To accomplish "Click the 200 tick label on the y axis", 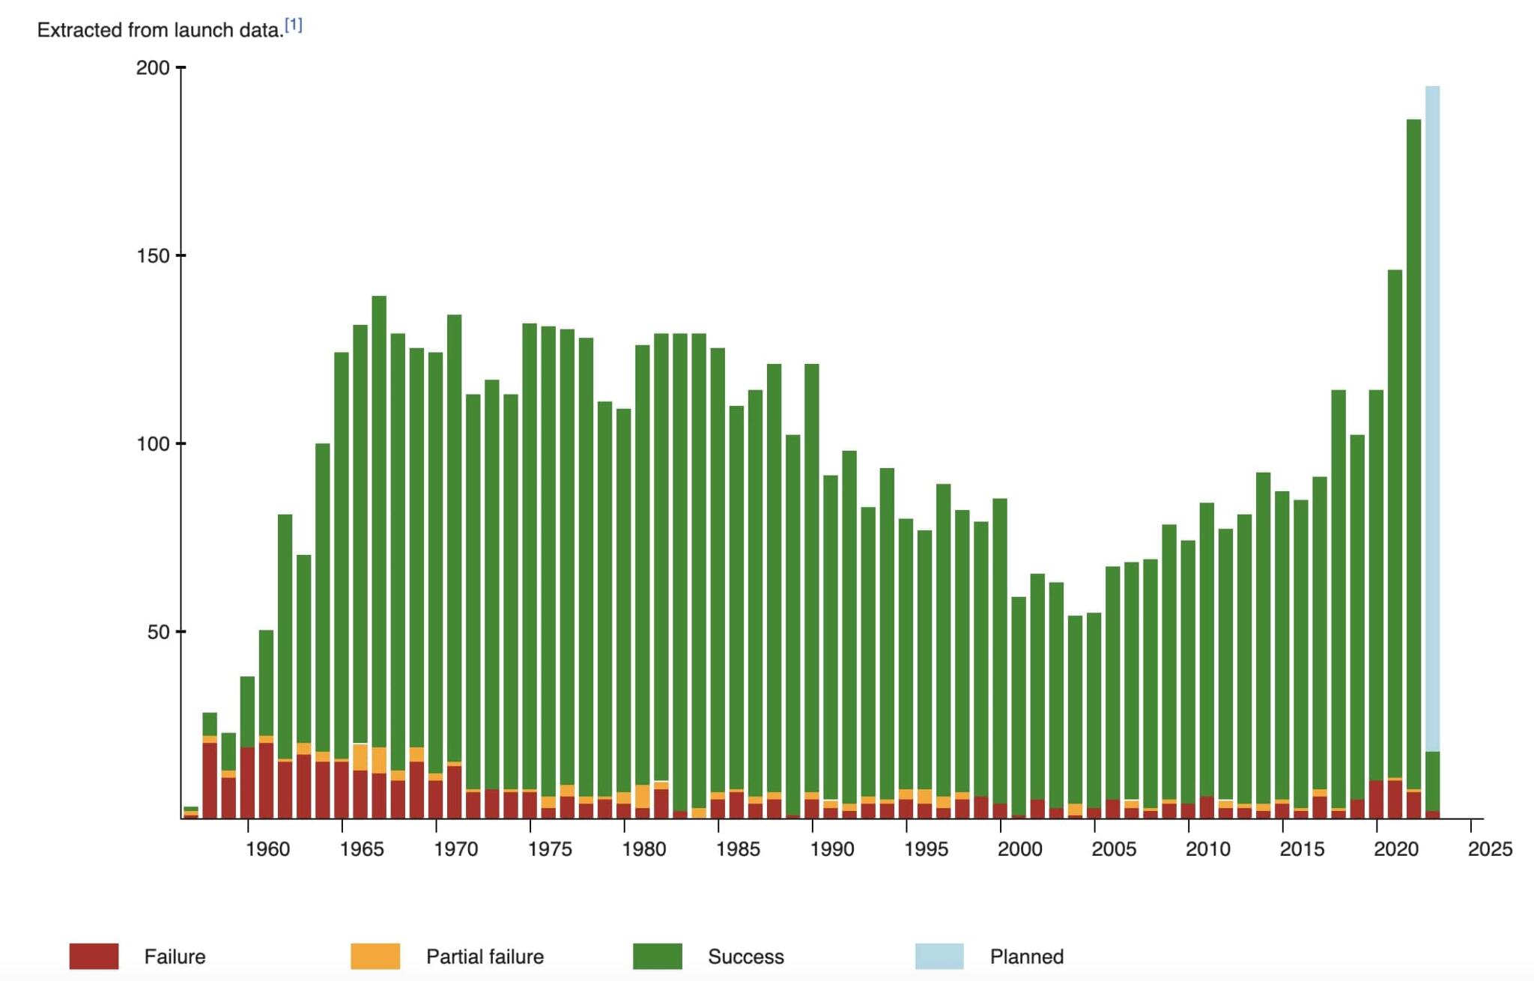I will tap(153, 68).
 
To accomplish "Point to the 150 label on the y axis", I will tap(153, 256).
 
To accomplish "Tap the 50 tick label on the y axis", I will tap(158, 632).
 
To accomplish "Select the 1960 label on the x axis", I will tap(267, 849).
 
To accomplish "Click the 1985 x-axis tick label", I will tap(738, 849).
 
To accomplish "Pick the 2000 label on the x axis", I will tap(1019, 849).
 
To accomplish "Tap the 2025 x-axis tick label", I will tap(1490, 849).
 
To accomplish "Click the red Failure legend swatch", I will tap(94, 956).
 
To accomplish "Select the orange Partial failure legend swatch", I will tap(375, 956).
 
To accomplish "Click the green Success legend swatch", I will tap(658, 956).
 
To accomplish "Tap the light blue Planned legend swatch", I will tap(939, 956).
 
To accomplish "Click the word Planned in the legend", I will tap(1026, 957).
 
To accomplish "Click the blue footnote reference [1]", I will tap(294, 25).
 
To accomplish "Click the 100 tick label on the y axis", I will tap(153, 444).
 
